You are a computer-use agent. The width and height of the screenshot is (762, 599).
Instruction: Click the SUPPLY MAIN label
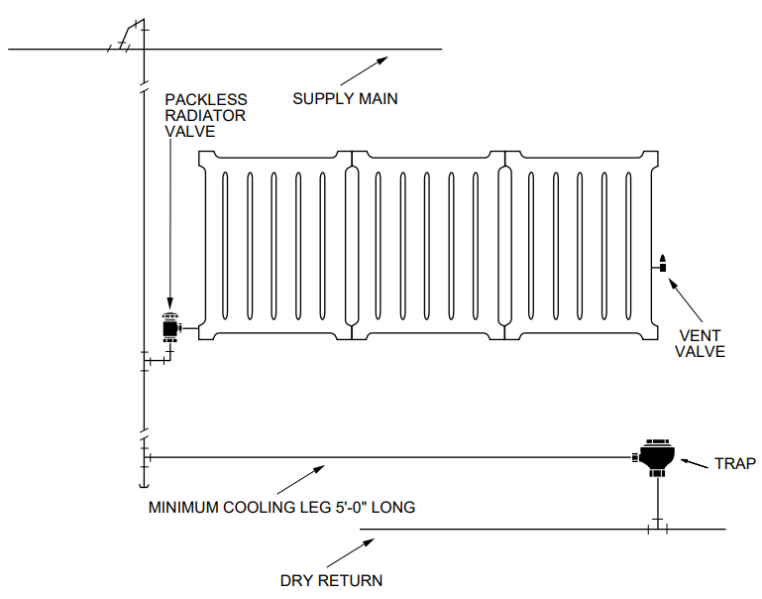(x=345, y=99)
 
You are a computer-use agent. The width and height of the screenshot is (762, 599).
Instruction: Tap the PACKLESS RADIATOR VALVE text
(x=206, y=115)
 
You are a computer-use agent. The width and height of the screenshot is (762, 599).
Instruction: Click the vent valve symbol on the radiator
(x=662, y=265)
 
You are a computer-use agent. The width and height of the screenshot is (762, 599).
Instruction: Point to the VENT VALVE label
(x=701, y=343)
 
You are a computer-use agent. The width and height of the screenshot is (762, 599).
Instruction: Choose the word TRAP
(x=735, y=464)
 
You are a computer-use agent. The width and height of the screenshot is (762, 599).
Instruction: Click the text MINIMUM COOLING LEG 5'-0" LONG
(x=281, y=508)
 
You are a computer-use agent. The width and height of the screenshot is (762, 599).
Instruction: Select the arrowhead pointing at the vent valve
(x=672, y=281)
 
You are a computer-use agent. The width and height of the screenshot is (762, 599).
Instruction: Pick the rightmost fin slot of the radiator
(x=630, y=246)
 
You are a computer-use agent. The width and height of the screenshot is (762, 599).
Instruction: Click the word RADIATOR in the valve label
(x=206, y=115)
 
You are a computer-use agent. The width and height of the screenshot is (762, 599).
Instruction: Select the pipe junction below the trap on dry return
(x=657, y=530)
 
